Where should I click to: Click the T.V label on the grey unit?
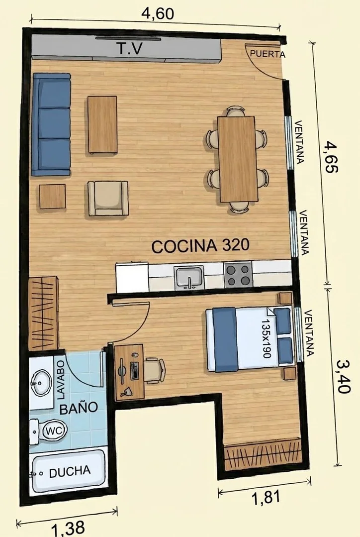click(x=130, y=49)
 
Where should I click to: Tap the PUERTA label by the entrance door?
click(x=267, y=54)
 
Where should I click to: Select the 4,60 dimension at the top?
click(x=158, y=13)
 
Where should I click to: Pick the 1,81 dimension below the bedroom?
click(x=266, y=497)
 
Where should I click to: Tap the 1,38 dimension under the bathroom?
click(x=68, y=528)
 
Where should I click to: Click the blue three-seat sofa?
click(x=51, y=124)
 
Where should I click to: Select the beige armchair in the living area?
click(x=108, y=198)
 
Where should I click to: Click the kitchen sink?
click(x=189, y=278)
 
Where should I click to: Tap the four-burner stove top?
click(x=239, y=275)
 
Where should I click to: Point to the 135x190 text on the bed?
click(x=266, y=339)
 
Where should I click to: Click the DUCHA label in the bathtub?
click(x=70, y=472)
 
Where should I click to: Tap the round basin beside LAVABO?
click(x=41, y=383)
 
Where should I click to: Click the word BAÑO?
click(x=79, y=408)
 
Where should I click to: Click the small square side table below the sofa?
click(x=52, y=197)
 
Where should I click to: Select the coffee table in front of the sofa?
click(x=102, y=124)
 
